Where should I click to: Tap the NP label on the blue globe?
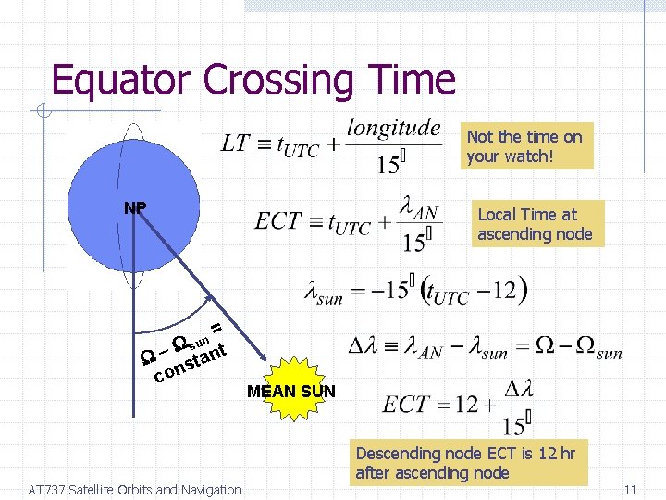point(135,207)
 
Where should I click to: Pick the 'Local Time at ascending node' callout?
point(536,224)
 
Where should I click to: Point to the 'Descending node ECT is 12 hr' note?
point(469,463)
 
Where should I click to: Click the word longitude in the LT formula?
point(393,128)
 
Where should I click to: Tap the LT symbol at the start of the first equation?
point(235,144)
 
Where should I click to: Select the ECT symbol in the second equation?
point(278,221)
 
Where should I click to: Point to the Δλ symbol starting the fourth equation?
point(362,349)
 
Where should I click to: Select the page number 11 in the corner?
point(632,490)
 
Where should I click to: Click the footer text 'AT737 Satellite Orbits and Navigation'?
point(135,490)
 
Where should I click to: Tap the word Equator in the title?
point(122,81)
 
